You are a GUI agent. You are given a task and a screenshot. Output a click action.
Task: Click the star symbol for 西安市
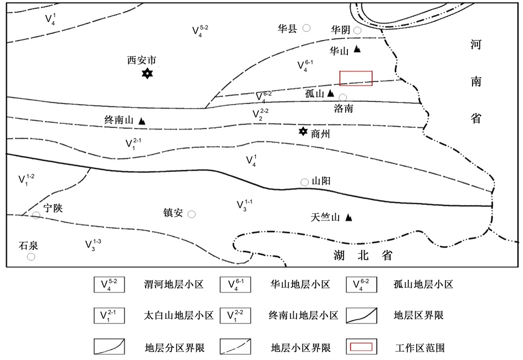coord(147,73)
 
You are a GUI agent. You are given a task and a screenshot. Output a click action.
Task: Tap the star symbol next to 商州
coord(302,131)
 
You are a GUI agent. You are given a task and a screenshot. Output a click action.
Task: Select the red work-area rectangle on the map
coord(356,78)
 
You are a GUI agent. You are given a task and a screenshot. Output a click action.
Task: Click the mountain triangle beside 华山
coord(358,49)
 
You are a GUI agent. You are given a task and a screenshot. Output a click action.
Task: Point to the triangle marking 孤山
coord(330,93)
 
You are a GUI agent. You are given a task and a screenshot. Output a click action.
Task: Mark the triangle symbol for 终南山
coord(142,120)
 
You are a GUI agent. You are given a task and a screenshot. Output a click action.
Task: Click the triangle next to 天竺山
coord(348,218)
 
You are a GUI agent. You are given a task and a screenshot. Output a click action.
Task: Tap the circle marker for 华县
coord(306,27)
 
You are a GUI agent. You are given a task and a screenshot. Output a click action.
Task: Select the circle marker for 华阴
coord(357,30)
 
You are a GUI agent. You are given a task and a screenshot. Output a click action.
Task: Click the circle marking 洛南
coord(342,97)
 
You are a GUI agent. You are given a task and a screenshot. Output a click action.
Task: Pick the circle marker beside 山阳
coord(304,182)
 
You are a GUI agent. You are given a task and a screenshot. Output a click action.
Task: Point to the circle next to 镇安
coord(192,214)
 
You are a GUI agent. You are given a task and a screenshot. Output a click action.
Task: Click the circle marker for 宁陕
coord(36,215)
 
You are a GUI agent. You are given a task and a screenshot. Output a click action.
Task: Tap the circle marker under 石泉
coord(31,256)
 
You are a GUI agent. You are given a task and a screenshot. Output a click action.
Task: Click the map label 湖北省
coord(363,255)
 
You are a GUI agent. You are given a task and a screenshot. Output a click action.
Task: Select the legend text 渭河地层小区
coord(172,285)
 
